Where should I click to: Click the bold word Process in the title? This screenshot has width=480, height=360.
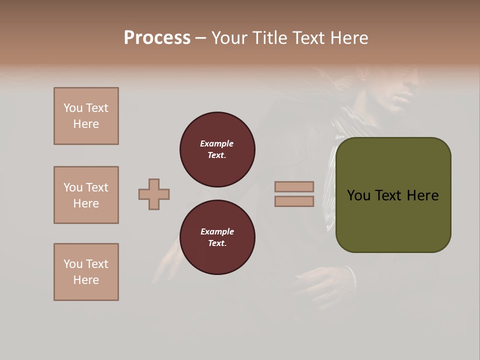[157, 38]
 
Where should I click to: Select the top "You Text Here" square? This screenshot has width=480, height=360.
[86, 116]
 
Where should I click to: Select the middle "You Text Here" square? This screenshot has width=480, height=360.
[86, 195]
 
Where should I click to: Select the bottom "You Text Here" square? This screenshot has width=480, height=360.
[86, 272]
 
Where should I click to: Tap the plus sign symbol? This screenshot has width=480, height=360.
[154, 194]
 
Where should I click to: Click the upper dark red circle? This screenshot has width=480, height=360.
[217, 149]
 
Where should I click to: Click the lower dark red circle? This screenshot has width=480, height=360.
[217, 237]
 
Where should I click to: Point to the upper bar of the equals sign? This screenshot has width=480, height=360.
[294, 187]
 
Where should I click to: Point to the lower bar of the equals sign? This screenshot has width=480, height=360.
[294, 201]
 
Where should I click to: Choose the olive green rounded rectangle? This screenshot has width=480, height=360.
[393, 220]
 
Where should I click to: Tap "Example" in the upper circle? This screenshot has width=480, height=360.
[217, 143]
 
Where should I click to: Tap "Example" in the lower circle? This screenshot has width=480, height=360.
[217, 231]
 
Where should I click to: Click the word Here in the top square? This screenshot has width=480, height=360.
[86, 124]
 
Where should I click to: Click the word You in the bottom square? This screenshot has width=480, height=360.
[73, 264]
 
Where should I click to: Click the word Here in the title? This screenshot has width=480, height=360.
[348, 38]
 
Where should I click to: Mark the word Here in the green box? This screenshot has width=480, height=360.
[422, 195]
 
